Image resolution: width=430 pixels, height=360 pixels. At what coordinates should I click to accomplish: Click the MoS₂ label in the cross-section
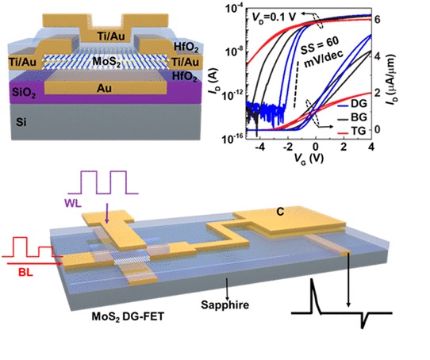(x=106, y=61)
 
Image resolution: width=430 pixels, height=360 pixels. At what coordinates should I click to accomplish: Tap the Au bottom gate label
(x=104, y=88)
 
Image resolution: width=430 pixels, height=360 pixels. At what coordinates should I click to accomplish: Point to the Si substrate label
(x=21, y=122)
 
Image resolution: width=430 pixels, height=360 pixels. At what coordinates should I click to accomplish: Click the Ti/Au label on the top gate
(x=111, y=36)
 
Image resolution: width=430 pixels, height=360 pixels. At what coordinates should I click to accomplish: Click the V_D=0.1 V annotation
(x=275, y=17)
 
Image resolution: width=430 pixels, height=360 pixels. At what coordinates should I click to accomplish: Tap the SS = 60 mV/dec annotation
(x=322, y=52)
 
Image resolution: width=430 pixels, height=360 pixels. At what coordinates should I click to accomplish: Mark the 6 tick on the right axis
(x=378, y=20)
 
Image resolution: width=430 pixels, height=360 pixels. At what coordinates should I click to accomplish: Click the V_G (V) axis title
(x=309, y=159)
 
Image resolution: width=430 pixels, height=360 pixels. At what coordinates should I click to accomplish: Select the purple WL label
(x=73, y=203)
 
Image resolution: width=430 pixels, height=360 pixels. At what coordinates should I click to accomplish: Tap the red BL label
(x=25, y=272)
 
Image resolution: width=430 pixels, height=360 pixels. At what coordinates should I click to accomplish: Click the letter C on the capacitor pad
(x=280, y=212)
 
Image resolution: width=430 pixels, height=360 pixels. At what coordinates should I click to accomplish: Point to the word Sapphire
(x=225, y=304)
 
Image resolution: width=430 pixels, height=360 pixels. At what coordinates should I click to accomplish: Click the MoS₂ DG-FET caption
(x=128, y=316)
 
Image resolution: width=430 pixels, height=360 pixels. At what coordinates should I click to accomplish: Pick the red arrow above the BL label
(x=35, y=263)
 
